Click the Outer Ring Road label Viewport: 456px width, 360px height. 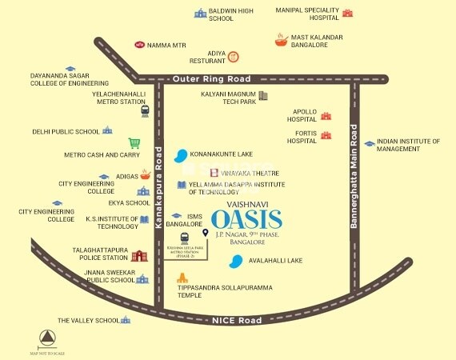click(212, 79)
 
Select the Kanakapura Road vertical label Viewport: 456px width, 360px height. click(158, 193)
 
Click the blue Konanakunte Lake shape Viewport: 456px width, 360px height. click(182, 154)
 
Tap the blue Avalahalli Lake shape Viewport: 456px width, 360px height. click(236, 261)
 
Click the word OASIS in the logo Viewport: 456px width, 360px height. click(246, 218)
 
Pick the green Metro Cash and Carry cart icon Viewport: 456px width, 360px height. click(134, 143)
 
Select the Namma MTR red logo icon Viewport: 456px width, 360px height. click(140, 46)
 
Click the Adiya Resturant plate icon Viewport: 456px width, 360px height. click(233, 56)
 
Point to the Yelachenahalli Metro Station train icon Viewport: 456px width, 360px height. click(145, 111)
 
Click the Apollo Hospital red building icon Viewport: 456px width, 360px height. click(326, 116)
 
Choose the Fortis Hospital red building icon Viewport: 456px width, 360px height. click(326, 136)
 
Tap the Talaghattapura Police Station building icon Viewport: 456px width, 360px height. click(140, 255)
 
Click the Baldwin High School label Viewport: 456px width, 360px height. click(232, 15)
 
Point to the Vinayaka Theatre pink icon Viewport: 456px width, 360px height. click(192, 173)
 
